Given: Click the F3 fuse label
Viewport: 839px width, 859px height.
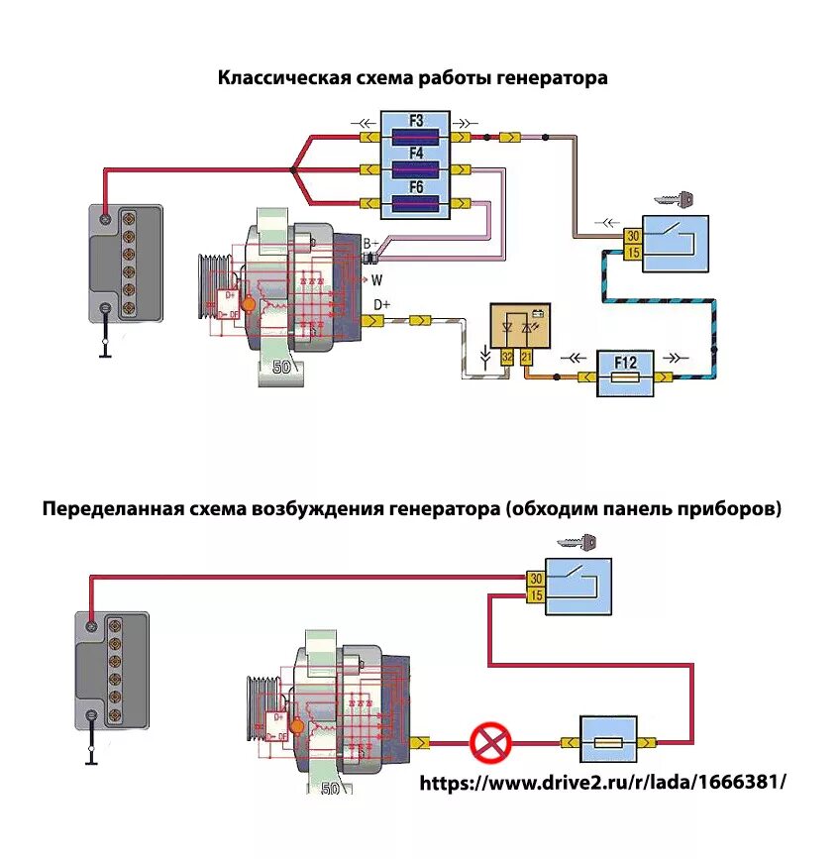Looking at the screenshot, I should (x=416, y=121).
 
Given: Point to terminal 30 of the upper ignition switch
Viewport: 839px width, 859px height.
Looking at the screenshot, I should (x=632, y=236).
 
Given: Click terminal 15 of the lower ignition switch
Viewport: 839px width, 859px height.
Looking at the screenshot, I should (x=535, y=594).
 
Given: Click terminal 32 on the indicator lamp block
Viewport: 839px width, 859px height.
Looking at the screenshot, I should (x=507, y=355).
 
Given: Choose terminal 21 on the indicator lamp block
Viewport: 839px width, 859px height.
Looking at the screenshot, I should (x=526, y=355).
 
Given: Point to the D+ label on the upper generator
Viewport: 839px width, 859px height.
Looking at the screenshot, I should (x=381, y=303).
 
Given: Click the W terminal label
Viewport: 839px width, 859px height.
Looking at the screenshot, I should (x=376, y=279).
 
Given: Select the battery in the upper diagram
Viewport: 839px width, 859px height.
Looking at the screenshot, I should (x=126, y=261).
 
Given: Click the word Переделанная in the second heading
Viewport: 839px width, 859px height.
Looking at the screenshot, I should (x=109, y=510).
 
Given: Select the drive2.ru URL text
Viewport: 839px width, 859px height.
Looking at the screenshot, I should (x=603, y=782).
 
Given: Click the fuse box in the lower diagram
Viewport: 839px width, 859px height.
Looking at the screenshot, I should (x=608, y=740).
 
